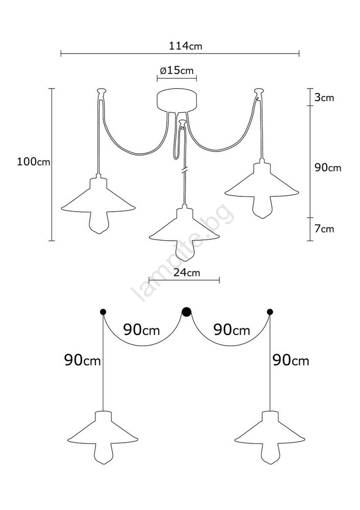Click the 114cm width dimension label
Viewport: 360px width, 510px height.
186,46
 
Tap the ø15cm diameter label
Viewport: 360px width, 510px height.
176,70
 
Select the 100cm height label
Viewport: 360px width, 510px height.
34,162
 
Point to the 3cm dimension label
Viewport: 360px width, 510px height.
324,97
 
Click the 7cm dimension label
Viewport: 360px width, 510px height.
324,229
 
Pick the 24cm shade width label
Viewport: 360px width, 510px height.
187,272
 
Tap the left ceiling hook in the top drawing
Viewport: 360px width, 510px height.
101,91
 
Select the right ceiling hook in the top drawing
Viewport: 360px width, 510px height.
259,91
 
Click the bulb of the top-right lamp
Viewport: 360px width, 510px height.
262,207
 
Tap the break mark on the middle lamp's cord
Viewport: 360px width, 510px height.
185,170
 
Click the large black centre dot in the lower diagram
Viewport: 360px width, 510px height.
186,312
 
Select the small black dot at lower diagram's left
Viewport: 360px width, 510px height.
103,312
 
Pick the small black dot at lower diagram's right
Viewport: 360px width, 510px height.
270,312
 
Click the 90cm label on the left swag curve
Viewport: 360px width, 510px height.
141,330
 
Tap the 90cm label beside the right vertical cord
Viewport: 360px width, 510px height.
291,361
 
